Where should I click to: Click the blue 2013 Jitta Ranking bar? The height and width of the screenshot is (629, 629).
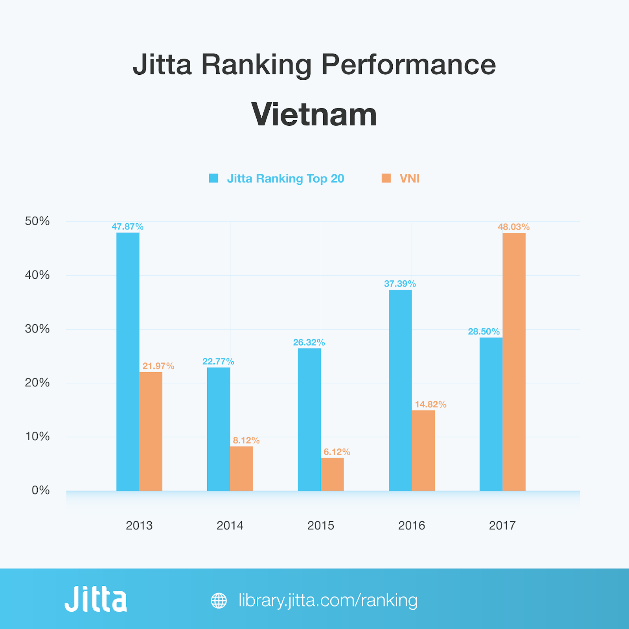[x=128, y=362]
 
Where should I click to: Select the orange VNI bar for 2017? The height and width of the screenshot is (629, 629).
[x=514, y=362]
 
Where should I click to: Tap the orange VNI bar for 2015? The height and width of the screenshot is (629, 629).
[x=332, y=474]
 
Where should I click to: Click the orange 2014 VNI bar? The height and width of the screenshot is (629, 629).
[x=241, y=469]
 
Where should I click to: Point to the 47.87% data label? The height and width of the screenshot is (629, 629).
[x=127, y=227]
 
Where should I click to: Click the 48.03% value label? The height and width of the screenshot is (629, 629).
[x=513, y=227]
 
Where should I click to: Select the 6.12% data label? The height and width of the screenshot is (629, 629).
[x=337, y=452]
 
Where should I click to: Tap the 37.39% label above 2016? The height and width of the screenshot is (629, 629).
[x=400, y=284]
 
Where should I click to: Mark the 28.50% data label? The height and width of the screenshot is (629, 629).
[x=484, y=331]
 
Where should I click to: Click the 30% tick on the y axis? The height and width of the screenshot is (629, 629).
[x=37, y=329]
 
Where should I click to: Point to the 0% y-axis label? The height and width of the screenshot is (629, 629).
[x=40, y=490]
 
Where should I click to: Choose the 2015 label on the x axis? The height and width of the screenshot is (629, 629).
[x=321, y=526]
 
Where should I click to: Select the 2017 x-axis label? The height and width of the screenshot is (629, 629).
[x=502, y=526]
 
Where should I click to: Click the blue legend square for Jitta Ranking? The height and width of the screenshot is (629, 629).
[x=213, y=178]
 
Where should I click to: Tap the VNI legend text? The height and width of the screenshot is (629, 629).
[x=410, y=178]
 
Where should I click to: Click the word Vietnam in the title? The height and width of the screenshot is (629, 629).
[x=314, y=114]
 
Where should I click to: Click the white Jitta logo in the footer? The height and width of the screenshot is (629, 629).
[x=96, y=599]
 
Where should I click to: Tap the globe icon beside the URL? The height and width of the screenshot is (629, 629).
[x=219, y=601]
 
